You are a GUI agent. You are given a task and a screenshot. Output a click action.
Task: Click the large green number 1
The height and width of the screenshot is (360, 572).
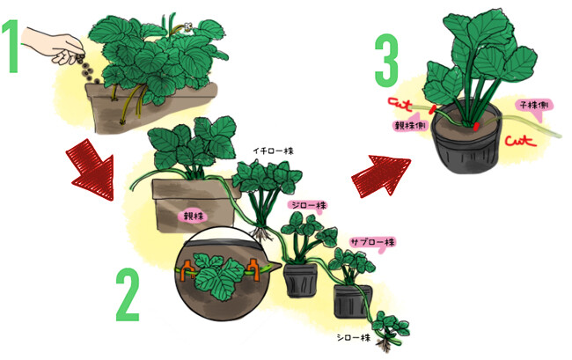coord(11,46)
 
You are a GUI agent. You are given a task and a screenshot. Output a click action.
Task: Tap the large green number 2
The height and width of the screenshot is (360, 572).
coord(128,295)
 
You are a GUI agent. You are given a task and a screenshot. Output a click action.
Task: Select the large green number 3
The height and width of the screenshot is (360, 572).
coord(386,61)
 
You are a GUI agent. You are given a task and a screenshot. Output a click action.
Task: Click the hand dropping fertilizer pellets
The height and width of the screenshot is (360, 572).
coord(53,46)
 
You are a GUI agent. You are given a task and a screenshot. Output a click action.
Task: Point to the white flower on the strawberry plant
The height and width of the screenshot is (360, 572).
coord(188,27)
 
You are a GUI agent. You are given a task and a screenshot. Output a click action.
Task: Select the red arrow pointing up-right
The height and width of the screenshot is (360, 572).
coord(380,175)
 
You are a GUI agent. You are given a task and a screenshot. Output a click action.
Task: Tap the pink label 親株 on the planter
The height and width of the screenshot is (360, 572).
coord(192,217)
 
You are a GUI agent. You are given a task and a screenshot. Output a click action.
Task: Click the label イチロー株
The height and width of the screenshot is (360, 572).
coord(273,151)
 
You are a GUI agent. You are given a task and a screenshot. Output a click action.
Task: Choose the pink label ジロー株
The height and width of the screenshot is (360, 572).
coord(307,206)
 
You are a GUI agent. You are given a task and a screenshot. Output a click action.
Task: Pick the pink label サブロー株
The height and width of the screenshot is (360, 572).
coord(372,243)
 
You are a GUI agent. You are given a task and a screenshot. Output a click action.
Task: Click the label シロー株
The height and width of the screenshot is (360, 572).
coord(353,338)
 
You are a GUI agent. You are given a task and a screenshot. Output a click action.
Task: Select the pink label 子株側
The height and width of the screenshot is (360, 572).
coord(534,107)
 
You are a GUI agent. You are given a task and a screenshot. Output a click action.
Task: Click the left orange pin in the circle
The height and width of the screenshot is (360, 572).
coord(187,271)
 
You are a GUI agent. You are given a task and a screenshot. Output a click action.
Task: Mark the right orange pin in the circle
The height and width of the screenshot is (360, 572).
coord(253,270)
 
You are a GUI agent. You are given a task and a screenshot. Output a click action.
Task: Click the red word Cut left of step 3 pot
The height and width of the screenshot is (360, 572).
coord(400,104)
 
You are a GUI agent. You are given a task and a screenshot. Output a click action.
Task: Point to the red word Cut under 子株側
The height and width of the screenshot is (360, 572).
coord(521,141)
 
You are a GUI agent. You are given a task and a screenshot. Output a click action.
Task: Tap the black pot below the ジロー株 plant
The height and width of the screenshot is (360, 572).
coord(301,280)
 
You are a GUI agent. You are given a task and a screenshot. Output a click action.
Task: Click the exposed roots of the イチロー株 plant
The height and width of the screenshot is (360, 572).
coord(261,233)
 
